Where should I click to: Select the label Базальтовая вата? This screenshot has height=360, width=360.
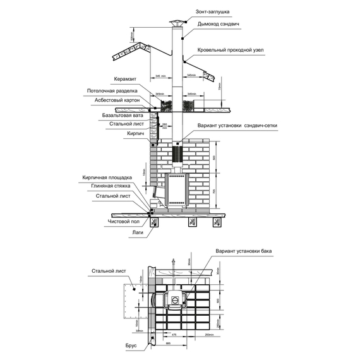pos(122,116)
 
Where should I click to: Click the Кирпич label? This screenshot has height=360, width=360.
pos(136,134)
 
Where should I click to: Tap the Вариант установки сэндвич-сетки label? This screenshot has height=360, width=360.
pos(237,125)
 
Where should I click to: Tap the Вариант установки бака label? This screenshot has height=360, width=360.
pos(243,251)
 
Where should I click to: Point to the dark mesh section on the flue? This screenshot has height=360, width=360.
pos(177,153)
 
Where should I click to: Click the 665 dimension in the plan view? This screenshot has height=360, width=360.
pos(168,342)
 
